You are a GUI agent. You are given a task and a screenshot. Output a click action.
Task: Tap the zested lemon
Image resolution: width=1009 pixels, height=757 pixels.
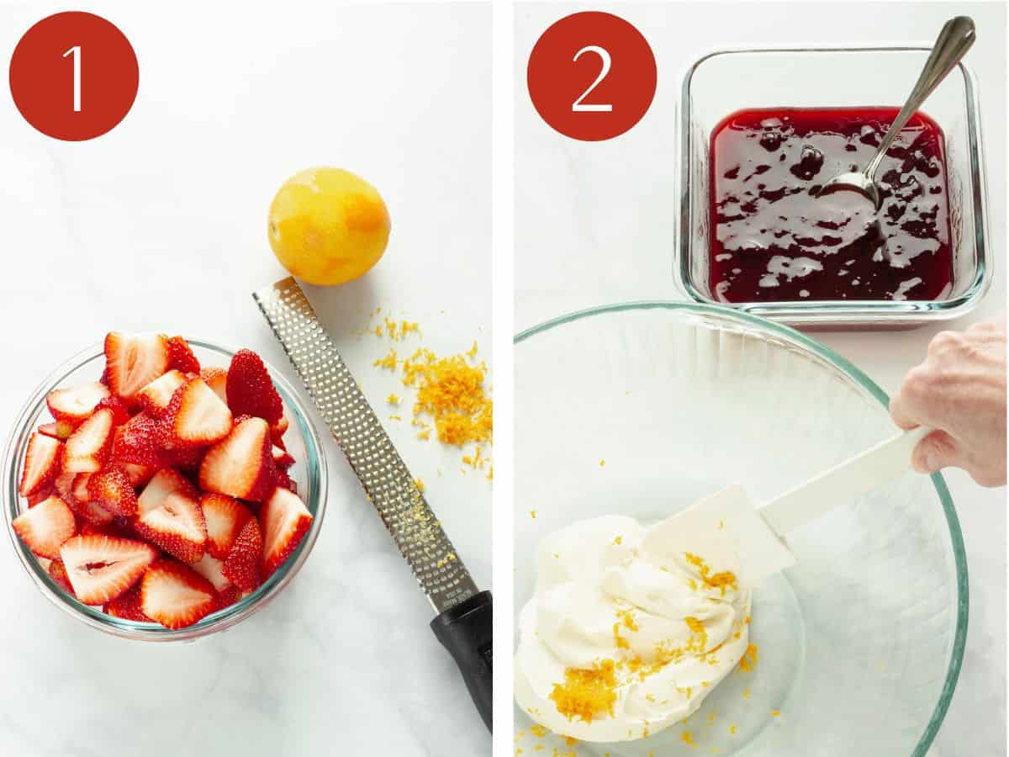click(328, 225)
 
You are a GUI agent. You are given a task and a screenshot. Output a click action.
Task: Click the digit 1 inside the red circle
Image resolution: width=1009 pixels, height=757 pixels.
click(74, 77)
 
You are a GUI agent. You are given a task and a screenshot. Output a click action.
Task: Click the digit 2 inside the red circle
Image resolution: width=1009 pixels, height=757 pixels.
click(592, 77)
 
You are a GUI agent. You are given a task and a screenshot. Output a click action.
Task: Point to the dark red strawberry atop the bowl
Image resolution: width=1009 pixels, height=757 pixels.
click(252, 387)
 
